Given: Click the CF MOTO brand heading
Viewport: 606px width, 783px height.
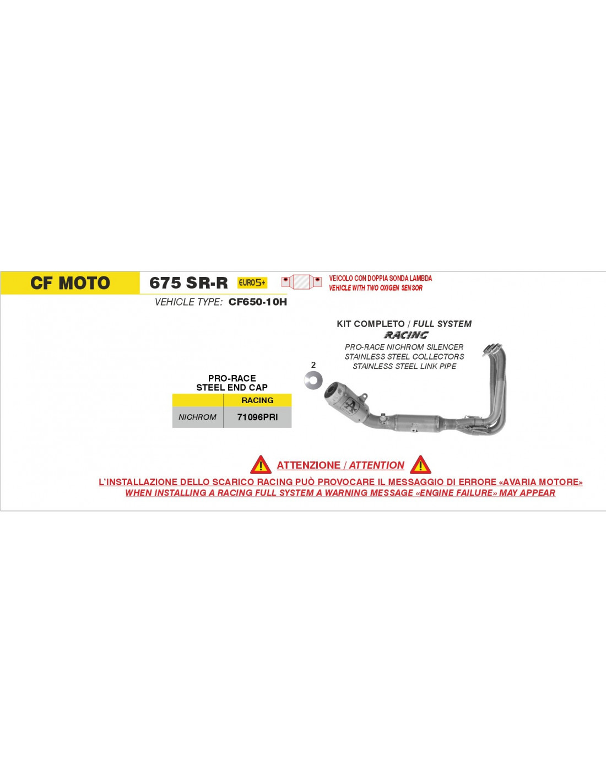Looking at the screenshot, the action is tap(71, 283).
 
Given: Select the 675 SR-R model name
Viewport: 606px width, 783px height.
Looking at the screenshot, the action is tap(188, 283).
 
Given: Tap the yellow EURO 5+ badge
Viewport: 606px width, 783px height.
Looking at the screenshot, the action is tap(252, 283).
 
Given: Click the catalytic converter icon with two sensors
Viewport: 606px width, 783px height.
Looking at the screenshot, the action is tap(301, 281).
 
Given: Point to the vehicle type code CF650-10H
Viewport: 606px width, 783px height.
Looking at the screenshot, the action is tap(258, 302).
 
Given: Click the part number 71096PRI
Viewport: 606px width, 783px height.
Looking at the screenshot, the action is tap(257, 417).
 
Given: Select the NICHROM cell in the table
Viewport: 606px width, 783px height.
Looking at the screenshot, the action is tap(198, 417).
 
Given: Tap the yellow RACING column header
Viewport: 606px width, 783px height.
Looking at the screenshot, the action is tap(257, 400).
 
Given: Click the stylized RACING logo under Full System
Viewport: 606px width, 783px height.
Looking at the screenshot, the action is tap(406, 335).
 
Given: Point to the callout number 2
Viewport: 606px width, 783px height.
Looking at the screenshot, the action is tap(313, 365).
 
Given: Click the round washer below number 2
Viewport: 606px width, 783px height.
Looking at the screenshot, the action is tap(313, 380).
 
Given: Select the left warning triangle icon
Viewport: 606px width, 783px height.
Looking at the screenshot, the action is tap(261, 465).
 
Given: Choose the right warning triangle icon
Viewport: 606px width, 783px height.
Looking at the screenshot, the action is tap(420, 465).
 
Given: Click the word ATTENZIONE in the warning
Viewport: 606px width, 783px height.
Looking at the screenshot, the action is tap(307, 465).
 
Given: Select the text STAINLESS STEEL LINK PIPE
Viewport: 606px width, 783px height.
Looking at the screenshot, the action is tap(404, 366).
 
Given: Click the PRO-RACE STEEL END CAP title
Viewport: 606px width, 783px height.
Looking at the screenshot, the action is tap(232, 383).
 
